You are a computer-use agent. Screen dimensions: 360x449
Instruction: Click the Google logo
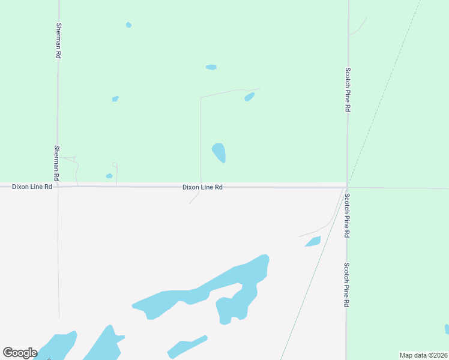click(20, 353)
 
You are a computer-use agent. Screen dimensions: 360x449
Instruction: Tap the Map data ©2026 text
click(423, 355)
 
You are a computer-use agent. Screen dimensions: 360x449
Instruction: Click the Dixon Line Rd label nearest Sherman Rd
click(32, 187)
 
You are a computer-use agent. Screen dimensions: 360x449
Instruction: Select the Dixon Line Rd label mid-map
click(202, 187)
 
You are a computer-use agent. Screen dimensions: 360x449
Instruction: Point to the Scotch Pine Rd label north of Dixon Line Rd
click(348, 90)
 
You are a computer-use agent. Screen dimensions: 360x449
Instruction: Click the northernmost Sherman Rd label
click(58, 41)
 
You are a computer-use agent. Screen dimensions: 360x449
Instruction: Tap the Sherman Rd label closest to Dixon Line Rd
click(56, 163)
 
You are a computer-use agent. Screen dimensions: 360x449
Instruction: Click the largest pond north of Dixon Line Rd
click(219, 152)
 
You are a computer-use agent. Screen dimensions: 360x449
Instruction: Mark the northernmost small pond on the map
click(128, 25)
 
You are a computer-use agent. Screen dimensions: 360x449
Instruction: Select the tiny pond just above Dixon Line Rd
click(109, 176)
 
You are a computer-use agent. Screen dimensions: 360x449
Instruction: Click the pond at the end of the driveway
click(250, 97)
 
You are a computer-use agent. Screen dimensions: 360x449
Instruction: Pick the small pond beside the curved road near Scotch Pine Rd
click(313, 241)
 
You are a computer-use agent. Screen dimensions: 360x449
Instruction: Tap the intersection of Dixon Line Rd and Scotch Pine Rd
click(347, 187)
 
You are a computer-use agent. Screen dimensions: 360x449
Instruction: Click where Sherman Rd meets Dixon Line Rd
click(58, 187)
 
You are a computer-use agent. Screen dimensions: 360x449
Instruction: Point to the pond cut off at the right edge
click(447, 329)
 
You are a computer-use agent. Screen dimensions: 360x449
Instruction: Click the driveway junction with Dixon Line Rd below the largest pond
click(200, 187)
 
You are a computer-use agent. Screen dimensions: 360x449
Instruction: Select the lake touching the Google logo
click(57, 346)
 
